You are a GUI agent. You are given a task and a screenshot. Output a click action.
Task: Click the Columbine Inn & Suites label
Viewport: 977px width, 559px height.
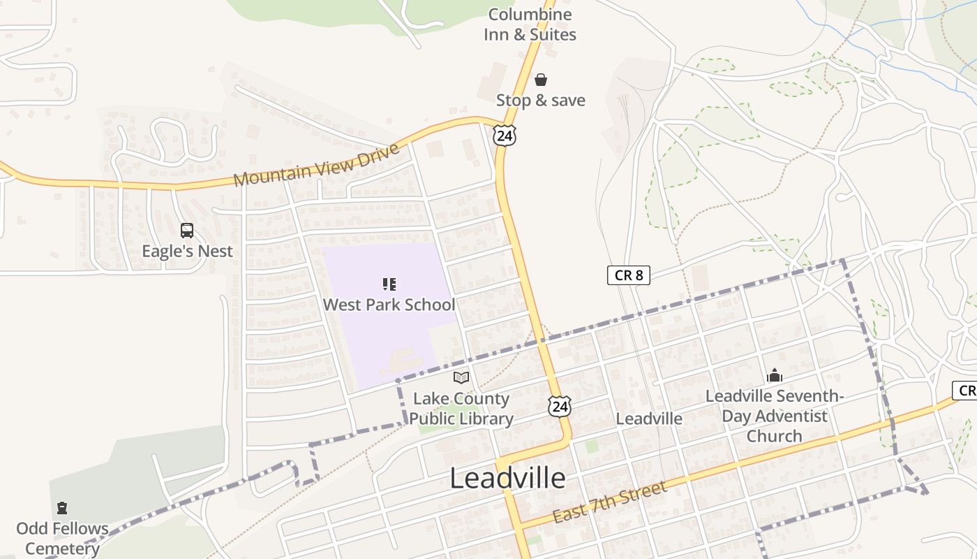(x=530, y=24)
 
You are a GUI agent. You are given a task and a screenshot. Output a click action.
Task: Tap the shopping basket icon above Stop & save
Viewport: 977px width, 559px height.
(x=540, y=80)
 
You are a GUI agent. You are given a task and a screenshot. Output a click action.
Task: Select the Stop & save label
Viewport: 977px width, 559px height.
(x=540, y=101)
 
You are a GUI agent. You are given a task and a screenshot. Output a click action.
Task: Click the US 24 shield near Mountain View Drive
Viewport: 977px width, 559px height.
(x=504, y=136)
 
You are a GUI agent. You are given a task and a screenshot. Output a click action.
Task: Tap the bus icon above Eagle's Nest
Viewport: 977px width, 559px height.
(x=187, y=231)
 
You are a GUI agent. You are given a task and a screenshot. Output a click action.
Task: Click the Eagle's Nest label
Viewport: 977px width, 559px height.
(x=187, y=251)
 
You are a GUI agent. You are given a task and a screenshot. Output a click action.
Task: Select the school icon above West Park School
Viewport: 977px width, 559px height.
(x=389, y=284)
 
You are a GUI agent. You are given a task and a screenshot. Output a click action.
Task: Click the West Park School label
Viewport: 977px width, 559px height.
(x=389, y=305)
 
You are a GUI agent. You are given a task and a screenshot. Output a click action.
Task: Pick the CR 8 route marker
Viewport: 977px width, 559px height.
(x=628, y=275)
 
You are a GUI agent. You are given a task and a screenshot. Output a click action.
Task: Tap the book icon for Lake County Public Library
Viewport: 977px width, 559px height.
(x=461, y=378)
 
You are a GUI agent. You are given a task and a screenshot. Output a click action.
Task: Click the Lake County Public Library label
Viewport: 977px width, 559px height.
(x=461, y=409)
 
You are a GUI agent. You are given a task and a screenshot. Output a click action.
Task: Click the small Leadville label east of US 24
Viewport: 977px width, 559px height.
(x=649, y=419)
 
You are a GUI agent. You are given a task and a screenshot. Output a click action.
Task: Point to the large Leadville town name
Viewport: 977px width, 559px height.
(x=507, y=478)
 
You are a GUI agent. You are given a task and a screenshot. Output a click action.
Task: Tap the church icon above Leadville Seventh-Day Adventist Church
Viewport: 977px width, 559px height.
(x=774, y=376)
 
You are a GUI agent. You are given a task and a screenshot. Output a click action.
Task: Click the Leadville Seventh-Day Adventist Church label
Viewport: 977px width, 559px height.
(x=774, y=416)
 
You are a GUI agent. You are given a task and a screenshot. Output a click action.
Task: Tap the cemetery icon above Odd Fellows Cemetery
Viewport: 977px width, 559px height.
(x=62, y=508)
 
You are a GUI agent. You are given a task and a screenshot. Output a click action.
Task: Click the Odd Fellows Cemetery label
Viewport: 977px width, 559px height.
(x=62, y=538)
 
